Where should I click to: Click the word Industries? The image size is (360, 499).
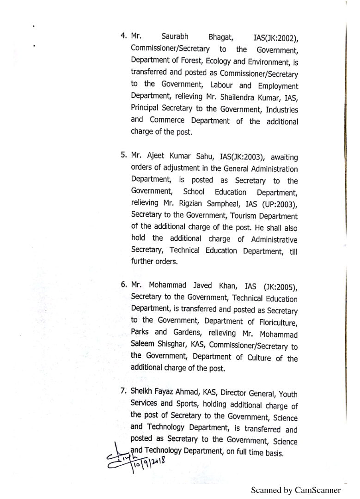[x=280, y=110]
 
